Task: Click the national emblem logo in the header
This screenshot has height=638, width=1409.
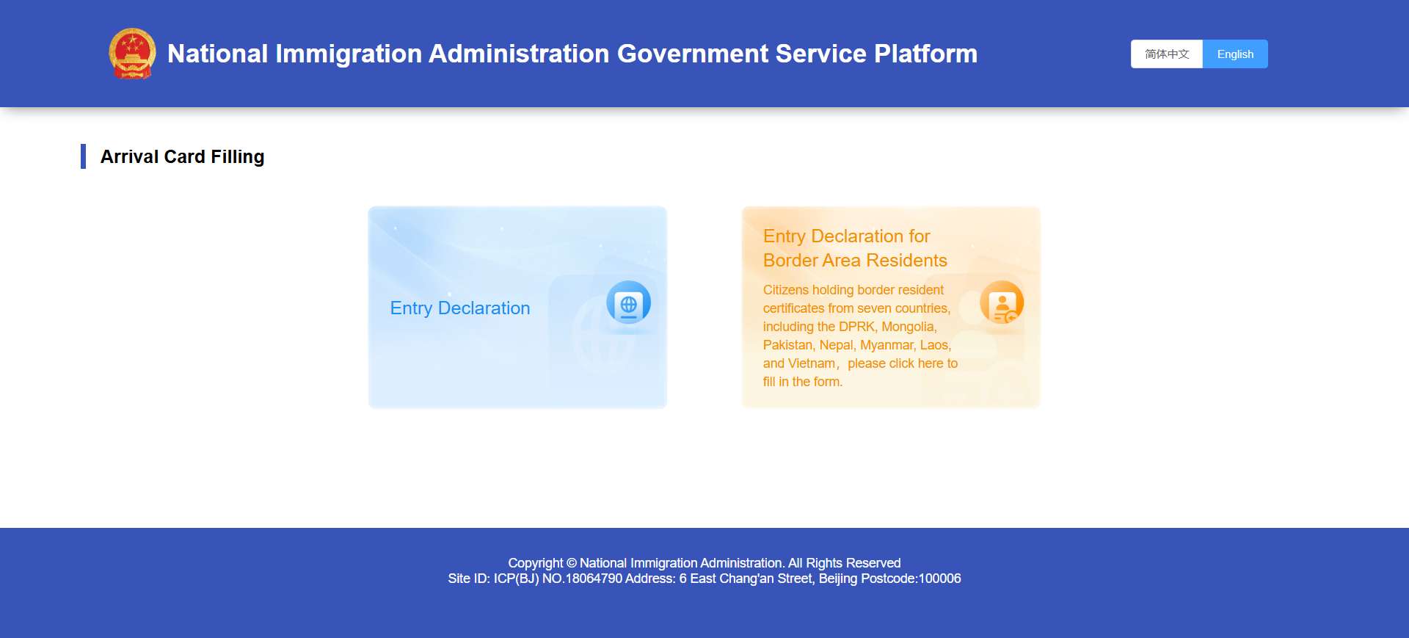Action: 132,53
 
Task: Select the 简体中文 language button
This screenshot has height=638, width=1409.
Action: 1167,54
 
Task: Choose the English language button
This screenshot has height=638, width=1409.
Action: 1235,54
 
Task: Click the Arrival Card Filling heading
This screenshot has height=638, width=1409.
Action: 182,157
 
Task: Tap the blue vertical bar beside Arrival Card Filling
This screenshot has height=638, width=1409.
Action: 84,156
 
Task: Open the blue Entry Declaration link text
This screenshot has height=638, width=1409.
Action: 460,308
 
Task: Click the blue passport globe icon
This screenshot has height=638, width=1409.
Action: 628,302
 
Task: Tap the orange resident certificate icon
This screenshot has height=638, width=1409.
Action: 1002,302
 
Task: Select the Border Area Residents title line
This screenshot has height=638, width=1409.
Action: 855,261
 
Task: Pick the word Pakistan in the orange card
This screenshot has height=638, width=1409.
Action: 787,345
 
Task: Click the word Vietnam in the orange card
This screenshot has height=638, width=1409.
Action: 812,363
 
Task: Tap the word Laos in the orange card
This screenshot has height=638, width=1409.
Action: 934,345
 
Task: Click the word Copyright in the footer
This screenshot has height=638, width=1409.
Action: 536,563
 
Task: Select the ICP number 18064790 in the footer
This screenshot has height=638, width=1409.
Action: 594,579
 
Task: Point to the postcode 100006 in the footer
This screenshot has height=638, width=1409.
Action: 939,579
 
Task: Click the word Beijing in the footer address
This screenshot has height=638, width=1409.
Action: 837,579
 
